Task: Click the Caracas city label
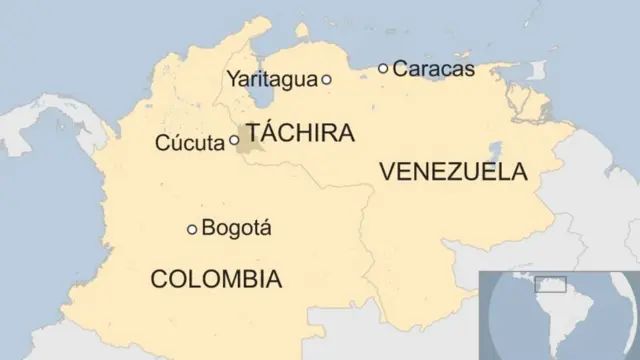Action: pos(433,69)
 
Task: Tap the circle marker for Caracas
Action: pos(383,68)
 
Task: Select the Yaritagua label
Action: pos(271,79)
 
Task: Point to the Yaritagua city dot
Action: pos(326,79)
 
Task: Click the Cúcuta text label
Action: pos(190,143)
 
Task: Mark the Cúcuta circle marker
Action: pos(234,141)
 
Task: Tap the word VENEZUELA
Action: pos(453,172)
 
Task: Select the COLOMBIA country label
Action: pos(215,278)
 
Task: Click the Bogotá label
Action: pos(236,228)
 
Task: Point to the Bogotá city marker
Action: pos(192,229)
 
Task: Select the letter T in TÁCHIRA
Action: pos(254,133)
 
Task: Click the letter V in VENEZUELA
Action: pos(387,172)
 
